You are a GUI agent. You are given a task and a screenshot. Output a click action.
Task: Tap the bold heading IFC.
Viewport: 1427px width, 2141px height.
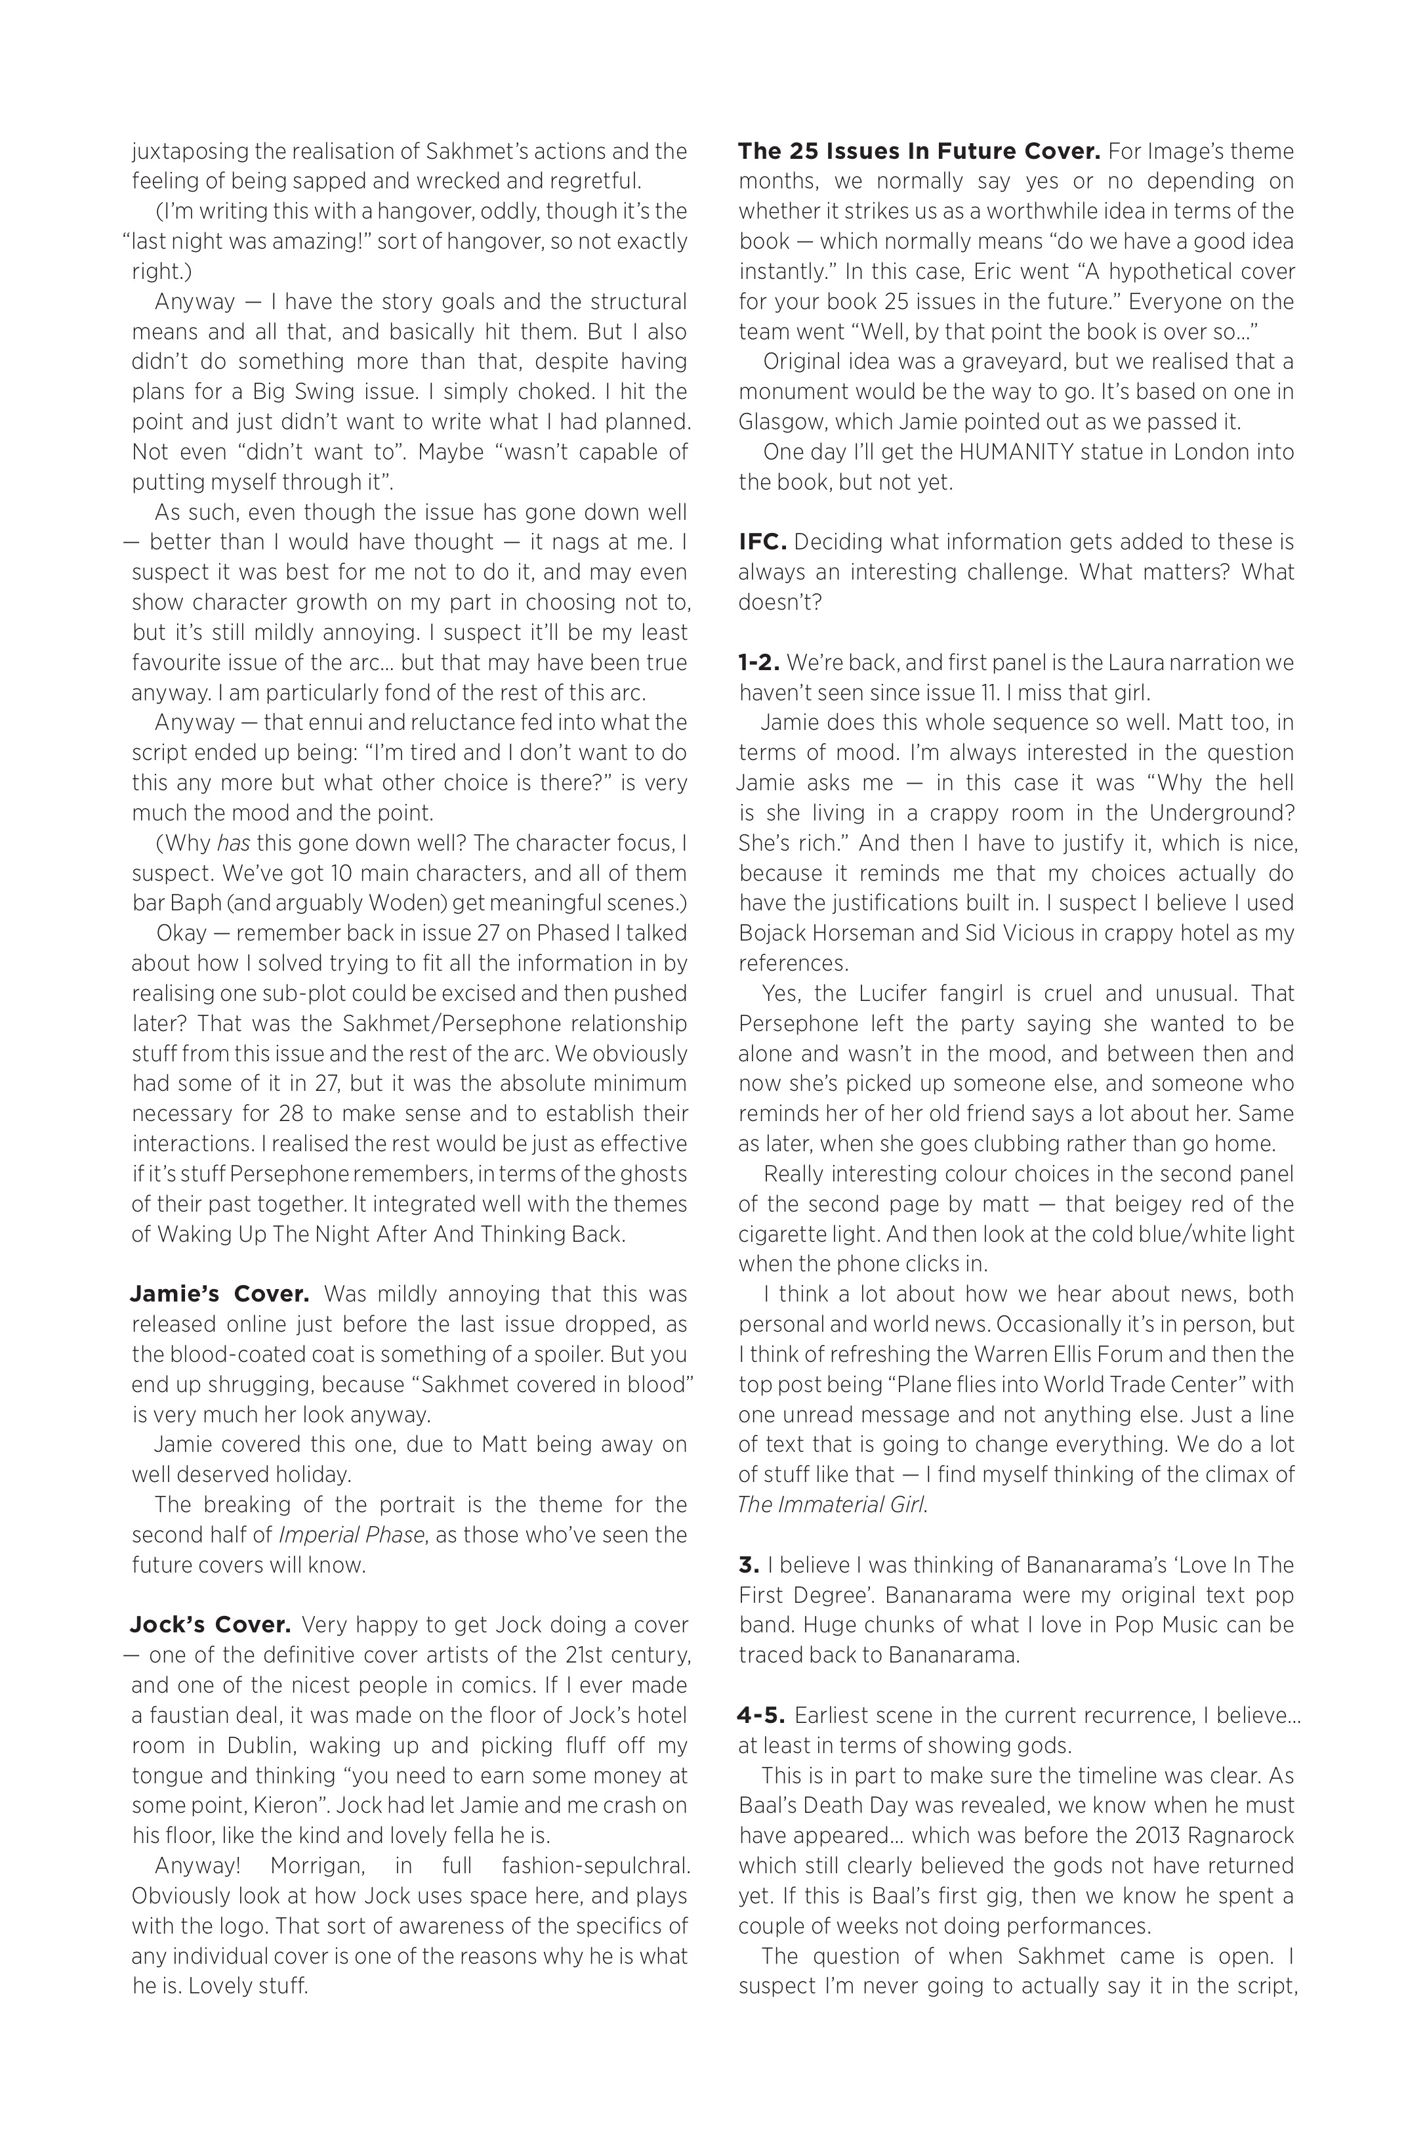(762, 543)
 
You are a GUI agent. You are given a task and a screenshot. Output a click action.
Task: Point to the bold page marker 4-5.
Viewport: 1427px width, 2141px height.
(762, 1716)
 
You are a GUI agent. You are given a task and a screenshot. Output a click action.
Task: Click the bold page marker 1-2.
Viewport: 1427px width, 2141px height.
(759, 663)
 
